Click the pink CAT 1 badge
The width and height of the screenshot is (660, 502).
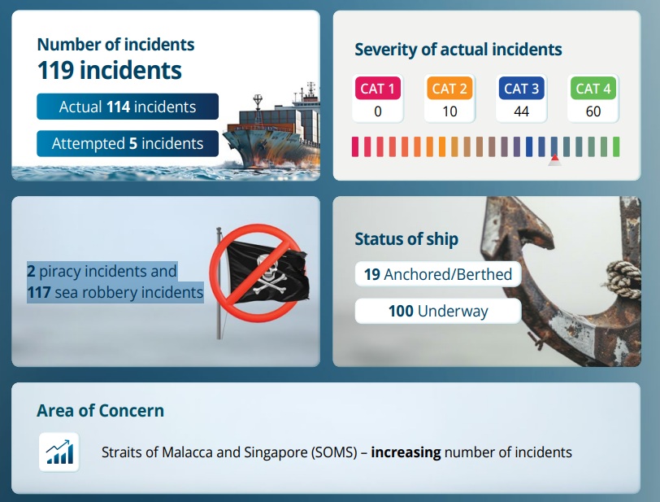378,88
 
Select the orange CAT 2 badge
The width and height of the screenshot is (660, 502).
449,88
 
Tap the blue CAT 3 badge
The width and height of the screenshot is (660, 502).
522,88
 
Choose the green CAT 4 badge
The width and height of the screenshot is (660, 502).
593,88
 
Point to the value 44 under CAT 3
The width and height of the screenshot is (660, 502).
522,111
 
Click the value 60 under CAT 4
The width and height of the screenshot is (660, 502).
593,111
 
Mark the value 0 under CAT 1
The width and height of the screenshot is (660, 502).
378,111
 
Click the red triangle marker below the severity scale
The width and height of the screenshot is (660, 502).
555,159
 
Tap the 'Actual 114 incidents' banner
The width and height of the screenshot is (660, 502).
128,107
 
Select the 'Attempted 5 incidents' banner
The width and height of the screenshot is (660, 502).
128,143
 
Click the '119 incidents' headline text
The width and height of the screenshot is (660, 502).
110,70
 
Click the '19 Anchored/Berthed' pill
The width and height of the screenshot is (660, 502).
438,274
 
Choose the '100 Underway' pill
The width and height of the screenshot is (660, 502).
438,311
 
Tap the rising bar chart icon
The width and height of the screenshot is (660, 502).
59,452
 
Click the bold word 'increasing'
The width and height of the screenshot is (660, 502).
406,452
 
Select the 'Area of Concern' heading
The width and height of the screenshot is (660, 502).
100,411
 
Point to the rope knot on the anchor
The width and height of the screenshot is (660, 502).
623,278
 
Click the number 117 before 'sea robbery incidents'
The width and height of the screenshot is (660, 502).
39,292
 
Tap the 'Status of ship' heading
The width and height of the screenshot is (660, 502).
406,239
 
